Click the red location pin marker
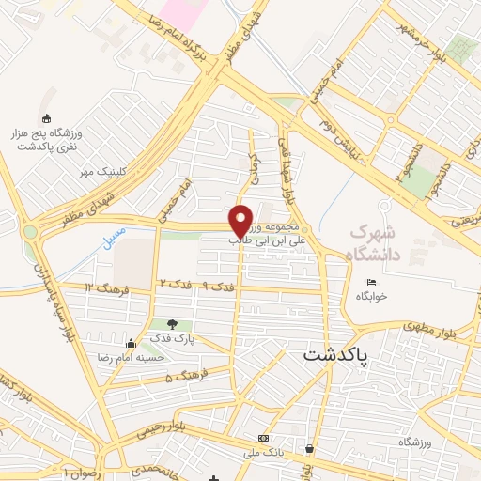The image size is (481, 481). pyautogui.click(x=241, y=220)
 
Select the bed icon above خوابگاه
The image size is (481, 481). pyautogui.click(x=372, y=282)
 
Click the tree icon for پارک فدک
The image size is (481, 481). pyautogui.click(x=171, y=323)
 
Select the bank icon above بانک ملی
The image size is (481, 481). pyautogui.click(x=264, y=438)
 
